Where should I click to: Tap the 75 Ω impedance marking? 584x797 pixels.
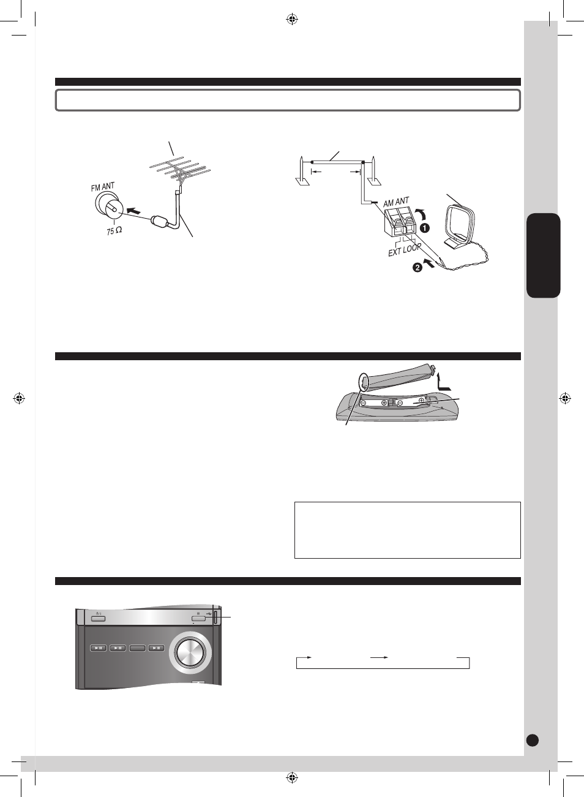[x=114, y=231]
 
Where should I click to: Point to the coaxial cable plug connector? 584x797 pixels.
[x=159, y=221]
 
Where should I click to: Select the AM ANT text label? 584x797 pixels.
[x=396, y=202]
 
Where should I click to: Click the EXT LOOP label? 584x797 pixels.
[x=405, y=250]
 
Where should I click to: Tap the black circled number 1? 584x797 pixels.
[x=425, y=228]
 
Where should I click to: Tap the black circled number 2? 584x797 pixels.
[x=417, y=267]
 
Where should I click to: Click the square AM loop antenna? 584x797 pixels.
[x=460, y=226]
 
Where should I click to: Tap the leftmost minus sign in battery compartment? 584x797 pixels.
[x=364, y=402]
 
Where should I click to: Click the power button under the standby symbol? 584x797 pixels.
[x=99, y=618]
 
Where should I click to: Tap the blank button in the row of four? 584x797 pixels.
[x=137, y=648]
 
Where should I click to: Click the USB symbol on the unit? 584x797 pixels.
[x=209, y=613]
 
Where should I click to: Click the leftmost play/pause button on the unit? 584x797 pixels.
[x=99, y=648]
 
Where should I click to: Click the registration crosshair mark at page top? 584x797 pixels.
[x=292, y=20]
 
